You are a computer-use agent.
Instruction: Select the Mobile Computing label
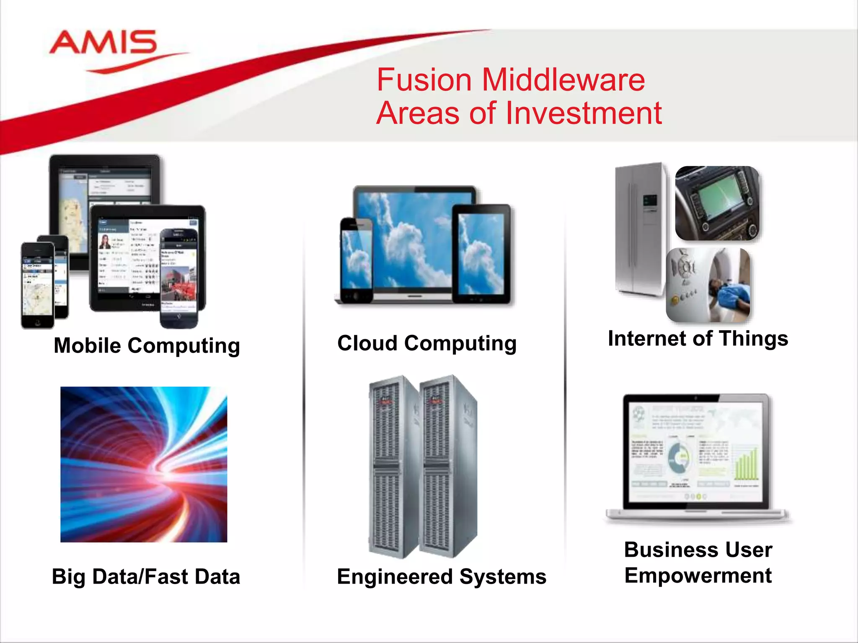point(147,346)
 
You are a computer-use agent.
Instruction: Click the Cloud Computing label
point(426,343)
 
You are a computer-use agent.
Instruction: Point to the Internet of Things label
point(698,338)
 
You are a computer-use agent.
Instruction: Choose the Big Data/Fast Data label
point(146,576)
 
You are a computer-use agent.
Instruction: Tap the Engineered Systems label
point(442,576)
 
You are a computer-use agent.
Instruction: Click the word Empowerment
point(698,575)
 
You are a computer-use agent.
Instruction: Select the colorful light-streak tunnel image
point(144,464)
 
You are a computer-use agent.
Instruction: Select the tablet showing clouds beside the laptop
point(481,254)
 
